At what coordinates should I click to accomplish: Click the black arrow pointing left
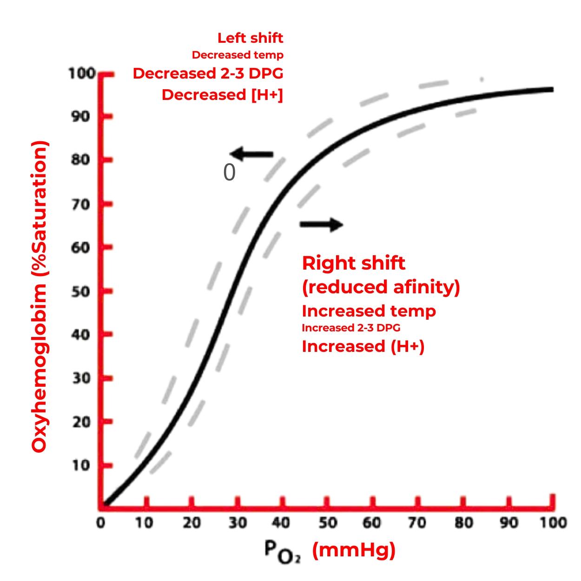pyautogui.click(x=251, y=154)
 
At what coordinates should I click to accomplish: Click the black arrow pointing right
pyautogui.click(x=321, y=224)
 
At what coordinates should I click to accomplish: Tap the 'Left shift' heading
pyautogui.click(x=250, y=38)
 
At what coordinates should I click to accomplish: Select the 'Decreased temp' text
pyautogui.click(x=238, y=55)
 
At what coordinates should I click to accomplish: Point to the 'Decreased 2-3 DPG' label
pyautogui.click(x=208, y=73)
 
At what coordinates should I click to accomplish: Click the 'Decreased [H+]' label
pyautogui.click(x=222, y=94)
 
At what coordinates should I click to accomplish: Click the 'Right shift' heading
pyautogui.click(x=353, y=263)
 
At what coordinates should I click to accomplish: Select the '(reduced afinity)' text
pyautogui.click(x=381, y=287)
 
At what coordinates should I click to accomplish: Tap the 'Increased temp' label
pyautogui.click(x=369, y=310)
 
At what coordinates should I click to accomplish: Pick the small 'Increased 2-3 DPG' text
pyautogui.click(x=351, y=328)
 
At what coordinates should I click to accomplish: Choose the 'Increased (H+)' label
pyautogui.click(x=363, y=346)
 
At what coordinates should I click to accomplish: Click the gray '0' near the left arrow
pyautogui.click(x=229, y=173)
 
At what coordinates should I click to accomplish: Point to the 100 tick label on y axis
pyautogui.click(x=82, y=73)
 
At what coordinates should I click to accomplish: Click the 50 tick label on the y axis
pyautogui.click(x=80, y=291)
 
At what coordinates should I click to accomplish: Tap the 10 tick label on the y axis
pyautogui.click(x=80, y=465)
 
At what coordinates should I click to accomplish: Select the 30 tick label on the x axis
pyautogui.click(x=238, y=523)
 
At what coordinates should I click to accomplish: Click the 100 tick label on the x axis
pyautogui.click(x=553, y=523)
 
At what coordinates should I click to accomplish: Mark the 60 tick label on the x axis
pyautogui.click(x=372, y=523)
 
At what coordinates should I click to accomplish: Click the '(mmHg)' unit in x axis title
pyautogui.click(x=354, y=550)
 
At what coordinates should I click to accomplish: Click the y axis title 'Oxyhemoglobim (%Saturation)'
pyautogui.click(x=40, y=296)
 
